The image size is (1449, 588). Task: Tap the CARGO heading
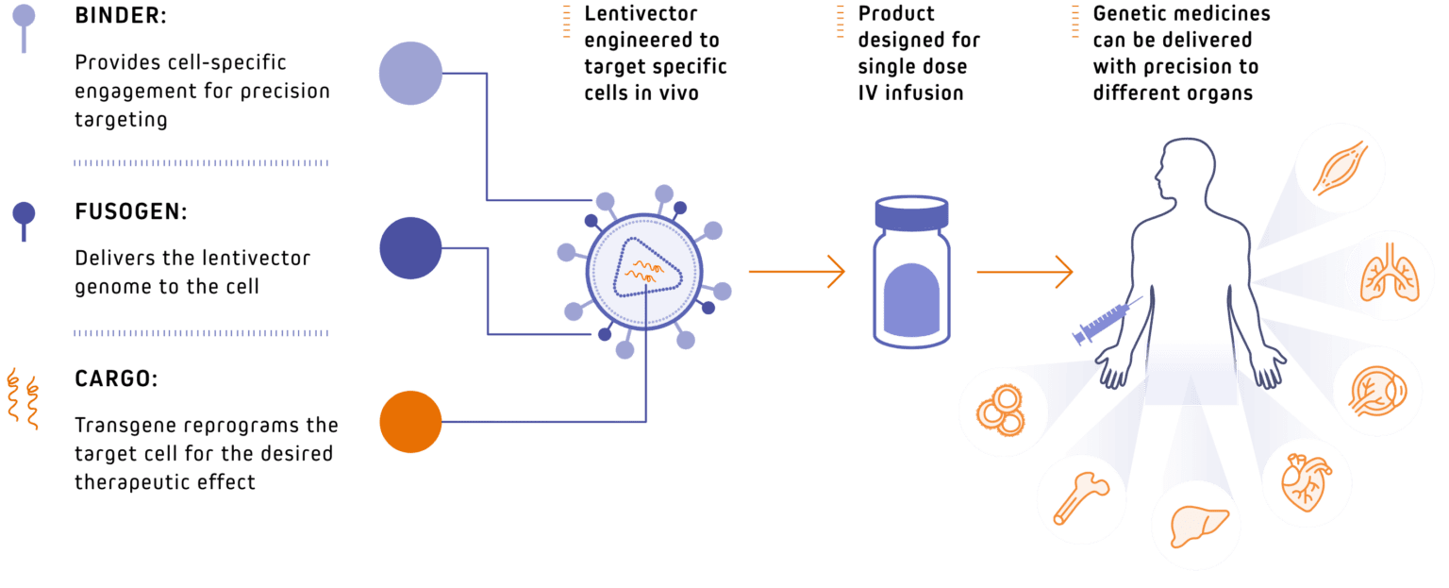(115, 378)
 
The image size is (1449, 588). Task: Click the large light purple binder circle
(410, 74)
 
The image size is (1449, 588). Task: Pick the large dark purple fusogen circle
(410, 248)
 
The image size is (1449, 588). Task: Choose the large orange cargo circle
(410, 422)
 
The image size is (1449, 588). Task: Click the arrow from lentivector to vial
(797, 272)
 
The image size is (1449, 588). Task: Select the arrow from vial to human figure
(1024, 272)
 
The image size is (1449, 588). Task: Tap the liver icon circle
(1195, 526)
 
